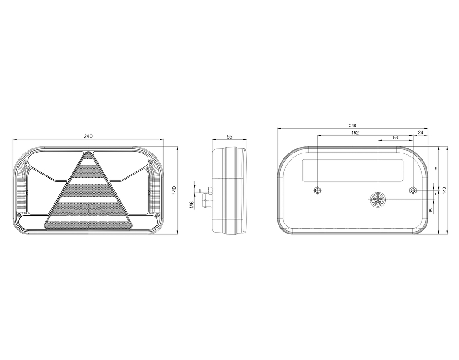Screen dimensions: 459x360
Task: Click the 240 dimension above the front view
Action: tap(88, 136)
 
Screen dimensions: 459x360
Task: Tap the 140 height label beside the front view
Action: tap(175, 190)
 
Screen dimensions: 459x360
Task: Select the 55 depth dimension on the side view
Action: tap(229, 137)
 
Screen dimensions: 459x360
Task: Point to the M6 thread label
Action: tap(192, 205)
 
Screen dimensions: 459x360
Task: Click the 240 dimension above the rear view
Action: tap(353, 126)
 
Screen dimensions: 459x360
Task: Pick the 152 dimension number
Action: tap(355, 133)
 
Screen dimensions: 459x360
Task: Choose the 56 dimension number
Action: tap(396, 137)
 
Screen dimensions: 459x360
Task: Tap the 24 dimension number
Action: tap(421, 133)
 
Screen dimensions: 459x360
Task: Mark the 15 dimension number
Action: tap(431, 211)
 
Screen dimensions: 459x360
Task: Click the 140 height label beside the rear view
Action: tap(445, 190)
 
